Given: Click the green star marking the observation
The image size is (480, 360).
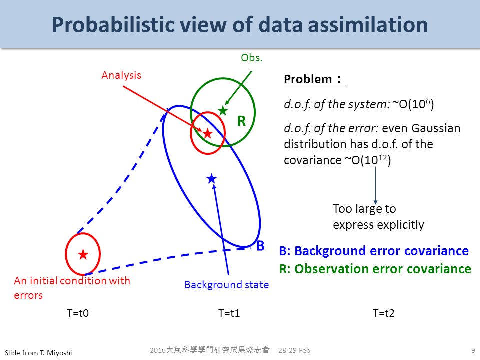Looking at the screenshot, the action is click(223, 110).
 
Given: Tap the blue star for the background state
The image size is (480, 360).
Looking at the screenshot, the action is click(212, 179).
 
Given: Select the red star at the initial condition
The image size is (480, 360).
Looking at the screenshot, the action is click(83, 254).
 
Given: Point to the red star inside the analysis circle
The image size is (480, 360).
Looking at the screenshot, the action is click(208, 133).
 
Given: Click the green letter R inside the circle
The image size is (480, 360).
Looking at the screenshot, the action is click(242, 121).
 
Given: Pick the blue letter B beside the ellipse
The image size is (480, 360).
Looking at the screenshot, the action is click(260, 246).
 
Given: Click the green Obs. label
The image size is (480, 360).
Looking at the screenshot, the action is click(251, 58).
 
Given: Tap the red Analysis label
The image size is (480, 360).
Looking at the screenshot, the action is click(121, 75).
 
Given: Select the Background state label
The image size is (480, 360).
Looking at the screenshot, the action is click(227, 285).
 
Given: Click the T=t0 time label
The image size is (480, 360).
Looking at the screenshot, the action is click(78, 313).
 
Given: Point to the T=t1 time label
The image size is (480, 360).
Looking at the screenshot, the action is click(229, 313).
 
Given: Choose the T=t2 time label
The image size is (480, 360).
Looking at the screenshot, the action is click(383, 313).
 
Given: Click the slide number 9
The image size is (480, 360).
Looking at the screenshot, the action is click(473, 350).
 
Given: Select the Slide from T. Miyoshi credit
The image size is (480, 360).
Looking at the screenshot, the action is click(38, 353).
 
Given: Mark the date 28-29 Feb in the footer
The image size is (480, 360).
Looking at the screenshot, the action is click(294, 350).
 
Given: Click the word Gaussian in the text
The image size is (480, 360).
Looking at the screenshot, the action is click(435, 128).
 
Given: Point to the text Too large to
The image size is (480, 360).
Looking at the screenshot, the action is click(364, 209).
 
